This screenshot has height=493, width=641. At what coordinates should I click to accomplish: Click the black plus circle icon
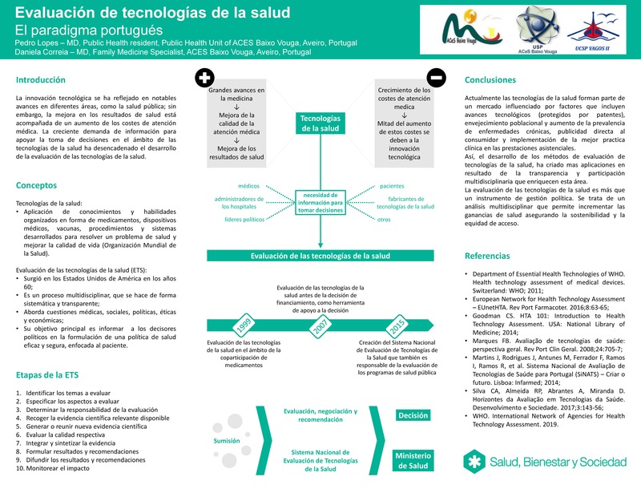pos(205,79)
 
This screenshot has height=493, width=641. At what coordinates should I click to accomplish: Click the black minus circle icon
pos(437,79)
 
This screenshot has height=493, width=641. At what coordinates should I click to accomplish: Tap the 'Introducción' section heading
pos(41,80)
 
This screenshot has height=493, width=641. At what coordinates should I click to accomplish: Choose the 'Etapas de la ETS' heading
pos(49,375)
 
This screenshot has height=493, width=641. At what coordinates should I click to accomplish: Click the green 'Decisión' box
pos(413,415)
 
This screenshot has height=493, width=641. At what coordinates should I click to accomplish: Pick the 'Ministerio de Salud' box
pos(413,461)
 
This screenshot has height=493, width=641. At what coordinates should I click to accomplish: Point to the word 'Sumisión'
pos(226,441)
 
